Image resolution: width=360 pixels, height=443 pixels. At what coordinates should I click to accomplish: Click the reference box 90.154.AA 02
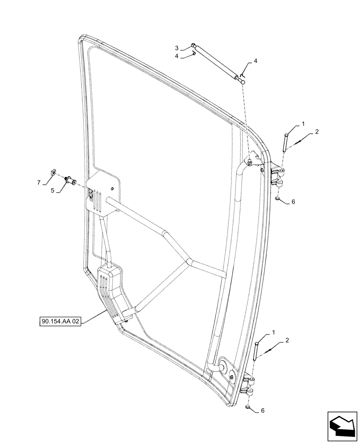click(x=60, y=322)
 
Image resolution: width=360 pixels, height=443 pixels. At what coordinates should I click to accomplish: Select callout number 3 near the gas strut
click(x=176, y=48)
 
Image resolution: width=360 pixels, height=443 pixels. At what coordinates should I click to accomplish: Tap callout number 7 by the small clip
click(x=39, y=182)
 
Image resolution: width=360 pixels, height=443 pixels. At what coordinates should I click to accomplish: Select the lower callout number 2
click(x=288, y=340)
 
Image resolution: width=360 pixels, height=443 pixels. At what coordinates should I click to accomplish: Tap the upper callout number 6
click(x=293, y=202)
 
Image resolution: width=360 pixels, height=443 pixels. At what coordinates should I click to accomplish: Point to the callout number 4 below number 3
click(x=176, y=56)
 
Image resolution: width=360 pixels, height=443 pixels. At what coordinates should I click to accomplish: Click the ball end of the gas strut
click(x=243, y=81)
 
